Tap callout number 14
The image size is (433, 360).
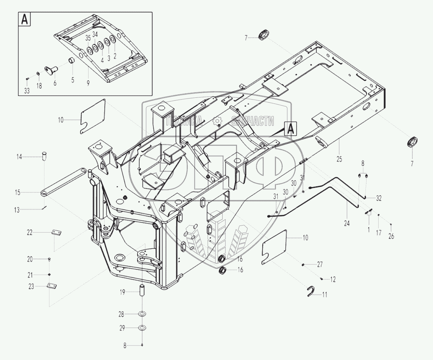(x=19, y=157)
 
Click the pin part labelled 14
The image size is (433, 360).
(x=45, y=157)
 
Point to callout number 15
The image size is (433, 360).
(x=18, y=192)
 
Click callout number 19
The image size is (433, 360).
(x=122, y=292)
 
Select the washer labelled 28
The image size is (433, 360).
(x=142, y=314)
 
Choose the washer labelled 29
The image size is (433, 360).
(x=142, y=328)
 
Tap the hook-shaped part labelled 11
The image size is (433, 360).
(x=311, y=291)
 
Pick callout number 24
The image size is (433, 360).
(x=347, y=223)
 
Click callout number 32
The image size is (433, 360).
(x=379, y=198)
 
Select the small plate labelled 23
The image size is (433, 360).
(x=52, y=287)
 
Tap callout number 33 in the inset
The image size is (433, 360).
(x=27, y=91)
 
